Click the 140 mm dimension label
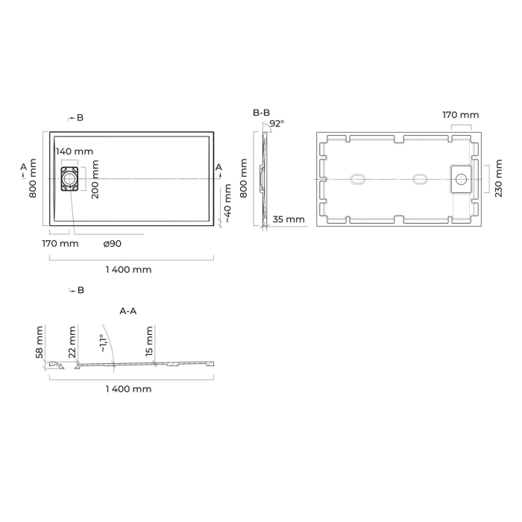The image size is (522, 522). point(75,151)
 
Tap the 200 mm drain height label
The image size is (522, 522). point(95,179)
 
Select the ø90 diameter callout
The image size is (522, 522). point(112,244)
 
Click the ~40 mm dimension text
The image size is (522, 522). point(227,204)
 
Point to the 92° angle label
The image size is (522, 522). point(277,124)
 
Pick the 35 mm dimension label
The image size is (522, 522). point(289,219)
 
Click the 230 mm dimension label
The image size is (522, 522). point(498,178)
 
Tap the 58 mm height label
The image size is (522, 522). point(40,342)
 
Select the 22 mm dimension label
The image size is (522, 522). point(72,342)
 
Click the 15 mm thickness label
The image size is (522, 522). point(149,342)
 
